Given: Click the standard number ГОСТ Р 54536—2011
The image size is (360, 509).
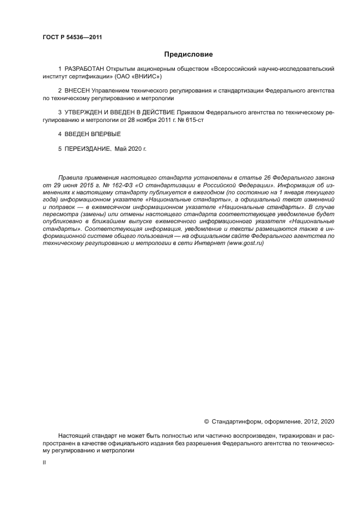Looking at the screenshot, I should (x=72, y=38).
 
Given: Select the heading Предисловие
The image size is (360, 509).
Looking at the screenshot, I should (x=188, y=54).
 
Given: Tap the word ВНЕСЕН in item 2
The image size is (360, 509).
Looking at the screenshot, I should (x=77, y=91).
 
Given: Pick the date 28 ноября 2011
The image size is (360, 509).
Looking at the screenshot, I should (x=142, y=120).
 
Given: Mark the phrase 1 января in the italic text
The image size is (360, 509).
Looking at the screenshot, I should (x=285, y=193).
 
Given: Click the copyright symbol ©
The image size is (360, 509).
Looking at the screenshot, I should (x=206, y=421).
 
